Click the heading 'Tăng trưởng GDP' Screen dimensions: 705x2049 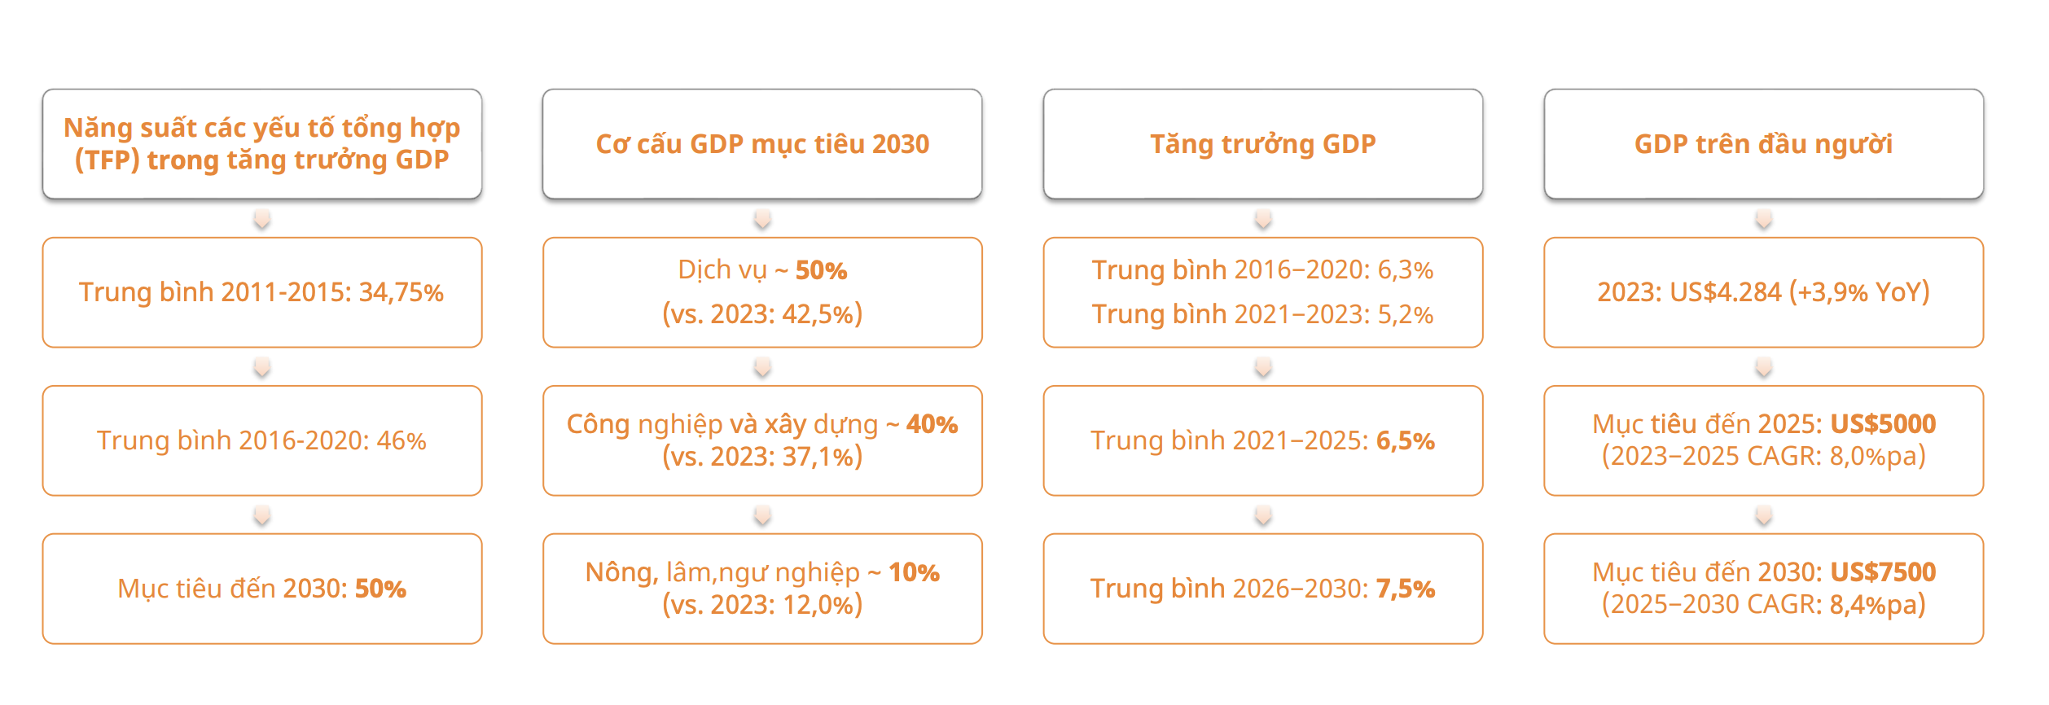[x=1262, y=144]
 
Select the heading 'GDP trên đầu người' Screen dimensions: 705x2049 [x=1763, y=144]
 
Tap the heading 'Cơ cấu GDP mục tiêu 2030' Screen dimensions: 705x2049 [x=762, y=144]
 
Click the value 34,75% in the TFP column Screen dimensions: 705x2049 [x=401, y=292]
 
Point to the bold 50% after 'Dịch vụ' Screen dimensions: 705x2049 [x=821, y=270]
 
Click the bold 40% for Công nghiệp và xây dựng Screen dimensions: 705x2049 [x=932, y=424]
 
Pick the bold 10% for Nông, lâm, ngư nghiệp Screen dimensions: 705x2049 [x=914, y=572]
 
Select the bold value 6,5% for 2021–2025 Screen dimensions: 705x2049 [x=1406, y=440]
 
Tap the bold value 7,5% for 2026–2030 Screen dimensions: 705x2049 [x=1406, y=589]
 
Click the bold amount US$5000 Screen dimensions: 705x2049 [x=1883, y=424]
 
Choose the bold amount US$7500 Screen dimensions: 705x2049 [x=1883, y=572]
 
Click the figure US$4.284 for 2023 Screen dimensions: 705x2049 [x=1725, y=292]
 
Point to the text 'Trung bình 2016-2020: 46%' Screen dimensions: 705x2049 [x=261, y=440]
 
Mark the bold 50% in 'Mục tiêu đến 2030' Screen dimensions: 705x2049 [x=380, y=589]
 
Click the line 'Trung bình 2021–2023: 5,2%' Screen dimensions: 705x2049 [x=1262, y=314]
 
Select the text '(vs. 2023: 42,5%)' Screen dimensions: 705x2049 [x=762, y=314]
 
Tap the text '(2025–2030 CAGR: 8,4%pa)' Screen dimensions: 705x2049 [x=1763, y=605]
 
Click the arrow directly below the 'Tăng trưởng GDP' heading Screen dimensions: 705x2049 [x=1263, y=219]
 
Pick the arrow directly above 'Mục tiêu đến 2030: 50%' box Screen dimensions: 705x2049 [x=261, y=515]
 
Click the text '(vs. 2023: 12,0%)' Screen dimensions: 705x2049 [x=762, y=605]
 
